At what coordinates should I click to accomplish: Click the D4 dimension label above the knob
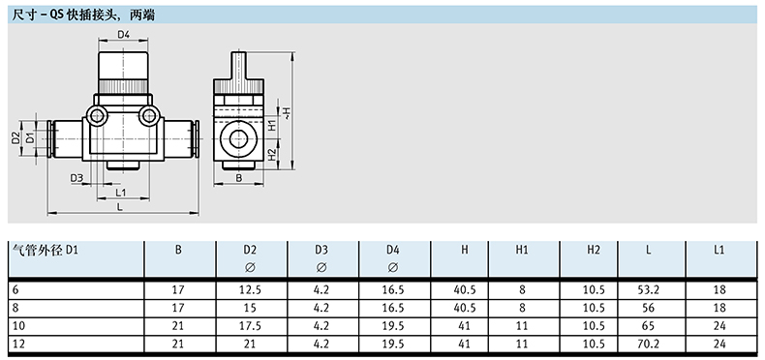(x=123, y=34)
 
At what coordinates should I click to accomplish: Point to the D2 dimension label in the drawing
(x=15, y=138)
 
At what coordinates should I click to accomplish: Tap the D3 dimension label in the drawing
(x=76, y=178)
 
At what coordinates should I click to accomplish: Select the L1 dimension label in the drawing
(x=121, y=193)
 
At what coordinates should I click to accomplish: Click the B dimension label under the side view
(x=238, y=178)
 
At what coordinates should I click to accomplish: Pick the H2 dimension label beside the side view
(x=272, y=155)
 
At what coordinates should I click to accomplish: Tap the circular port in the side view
(x=238, y=139)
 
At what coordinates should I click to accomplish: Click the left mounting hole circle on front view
(x=97, y=116)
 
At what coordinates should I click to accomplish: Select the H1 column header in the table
(x=522, y=251)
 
